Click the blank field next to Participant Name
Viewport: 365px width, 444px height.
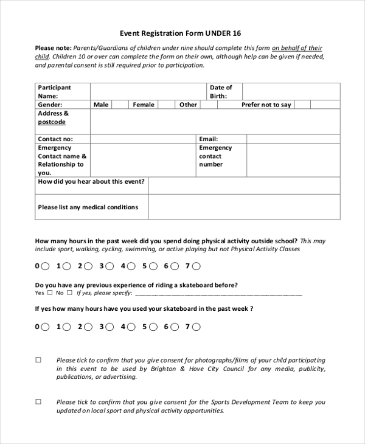point(148,92)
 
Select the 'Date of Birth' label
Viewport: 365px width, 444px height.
point(221,92)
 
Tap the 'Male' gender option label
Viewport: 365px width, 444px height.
point(101,105)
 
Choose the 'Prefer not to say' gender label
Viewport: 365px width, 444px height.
point(266,105)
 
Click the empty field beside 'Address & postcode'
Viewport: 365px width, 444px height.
point(215,121)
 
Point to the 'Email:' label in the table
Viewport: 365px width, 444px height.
point(209,139)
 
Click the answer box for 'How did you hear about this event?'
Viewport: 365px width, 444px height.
point(244,186)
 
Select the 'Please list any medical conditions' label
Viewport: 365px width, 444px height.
point(88,207)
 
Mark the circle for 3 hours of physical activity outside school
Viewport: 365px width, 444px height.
point(110,266)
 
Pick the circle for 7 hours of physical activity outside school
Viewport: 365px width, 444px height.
point(196,266)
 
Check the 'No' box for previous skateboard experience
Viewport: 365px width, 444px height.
point(69,293)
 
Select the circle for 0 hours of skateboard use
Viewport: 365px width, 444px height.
point(46,327)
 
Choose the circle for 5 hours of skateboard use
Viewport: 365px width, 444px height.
point(153,327)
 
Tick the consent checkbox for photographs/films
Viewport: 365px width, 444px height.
point(38,360)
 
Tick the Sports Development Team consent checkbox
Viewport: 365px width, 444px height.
point(38,402)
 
